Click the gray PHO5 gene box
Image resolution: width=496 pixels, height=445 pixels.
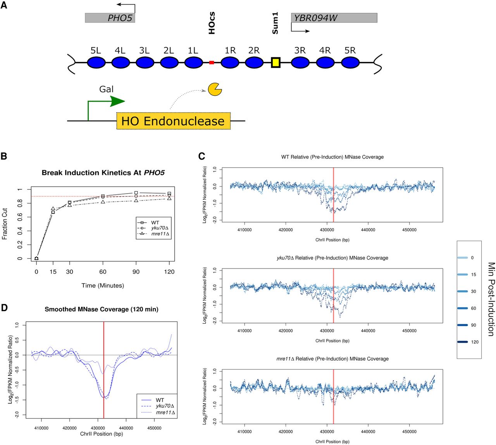[x=110, y=18]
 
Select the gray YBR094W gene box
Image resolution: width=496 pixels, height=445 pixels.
[x=334, y=18]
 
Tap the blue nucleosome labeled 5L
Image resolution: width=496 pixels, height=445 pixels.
[x=96, y=62]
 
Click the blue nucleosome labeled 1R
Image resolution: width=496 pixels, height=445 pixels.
[x=230, y=62]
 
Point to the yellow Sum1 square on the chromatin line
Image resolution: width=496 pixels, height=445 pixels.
[x=276, y=62]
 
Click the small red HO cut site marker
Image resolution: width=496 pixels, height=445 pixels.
[x=212, y=62]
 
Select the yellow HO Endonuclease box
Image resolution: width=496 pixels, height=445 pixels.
[x=173, y=121]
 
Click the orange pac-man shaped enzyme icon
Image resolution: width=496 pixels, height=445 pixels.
[x=215, y=89]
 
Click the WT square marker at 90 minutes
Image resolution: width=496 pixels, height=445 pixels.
[x=136, y=192]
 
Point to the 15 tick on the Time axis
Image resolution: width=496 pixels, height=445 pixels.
[x=53, y=272]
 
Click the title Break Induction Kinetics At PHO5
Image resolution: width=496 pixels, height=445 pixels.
[x=103, y=173]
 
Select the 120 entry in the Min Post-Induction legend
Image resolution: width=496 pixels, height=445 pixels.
[x=475, y=342]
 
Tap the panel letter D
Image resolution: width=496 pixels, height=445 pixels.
[x=4, y=308]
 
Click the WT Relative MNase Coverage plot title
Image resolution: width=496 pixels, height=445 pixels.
[x=332, y=157]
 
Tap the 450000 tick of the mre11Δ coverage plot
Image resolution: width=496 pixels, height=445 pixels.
[x=409, y=431]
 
